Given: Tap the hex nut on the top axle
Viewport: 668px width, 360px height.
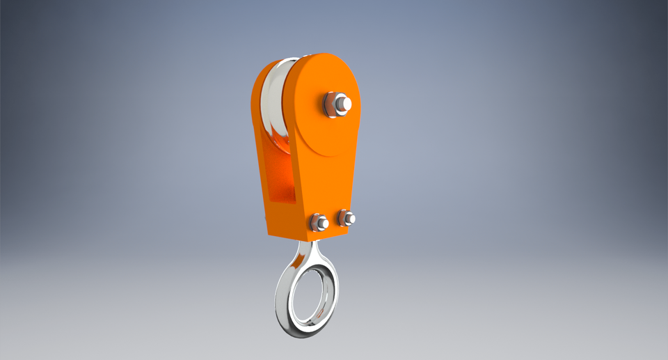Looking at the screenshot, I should tap(332, 104).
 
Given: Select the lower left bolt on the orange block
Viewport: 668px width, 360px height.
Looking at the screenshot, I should tap(319, 222).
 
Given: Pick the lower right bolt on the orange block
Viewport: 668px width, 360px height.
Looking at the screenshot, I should tap(347, 219).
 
